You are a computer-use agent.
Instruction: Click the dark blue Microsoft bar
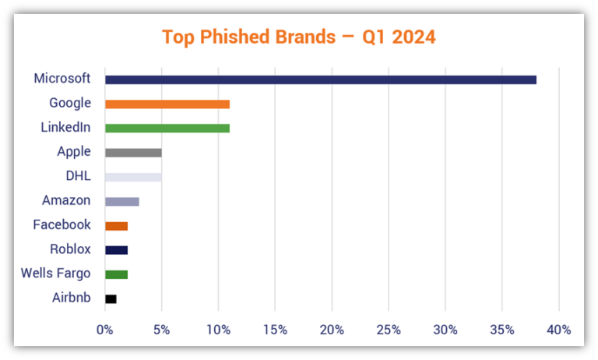(x=320, y=79)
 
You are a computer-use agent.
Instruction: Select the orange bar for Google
(x=167, y=104)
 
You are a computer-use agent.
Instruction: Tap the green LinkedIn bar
(x=167, y=128)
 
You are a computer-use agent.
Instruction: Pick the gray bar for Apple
(x=133, y=152)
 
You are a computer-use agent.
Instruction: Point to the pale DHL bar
(x=133, y=177)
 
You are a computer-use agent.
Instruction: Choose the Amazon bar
(x=121, y=201)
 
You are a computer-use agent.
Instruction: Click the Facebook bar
(x=116, y=226)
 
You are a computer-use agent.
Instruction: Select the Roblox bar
(x=116, y=250)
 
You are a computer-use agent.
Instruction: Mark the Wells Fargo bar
(x=116, y=274)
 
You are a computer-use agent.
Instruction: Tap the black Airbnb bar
(x=111, y=298)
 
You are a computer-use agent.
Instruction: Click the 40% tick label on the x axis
(x=559, y=330)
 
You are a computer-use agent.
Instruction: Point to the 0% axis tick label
(x=104, y=330)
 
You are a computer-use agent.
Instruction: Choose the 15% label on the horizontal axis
(x=275, y=330)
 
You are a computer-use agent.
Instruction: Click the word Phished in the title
(x=235, y=37)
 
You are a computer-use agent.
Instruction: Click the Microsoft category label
(x=62, y=79)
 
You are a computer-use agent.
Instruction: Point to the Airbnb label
(x=71, y=298)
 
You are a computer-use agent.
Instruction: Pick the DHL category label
(x=78, y=176)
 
